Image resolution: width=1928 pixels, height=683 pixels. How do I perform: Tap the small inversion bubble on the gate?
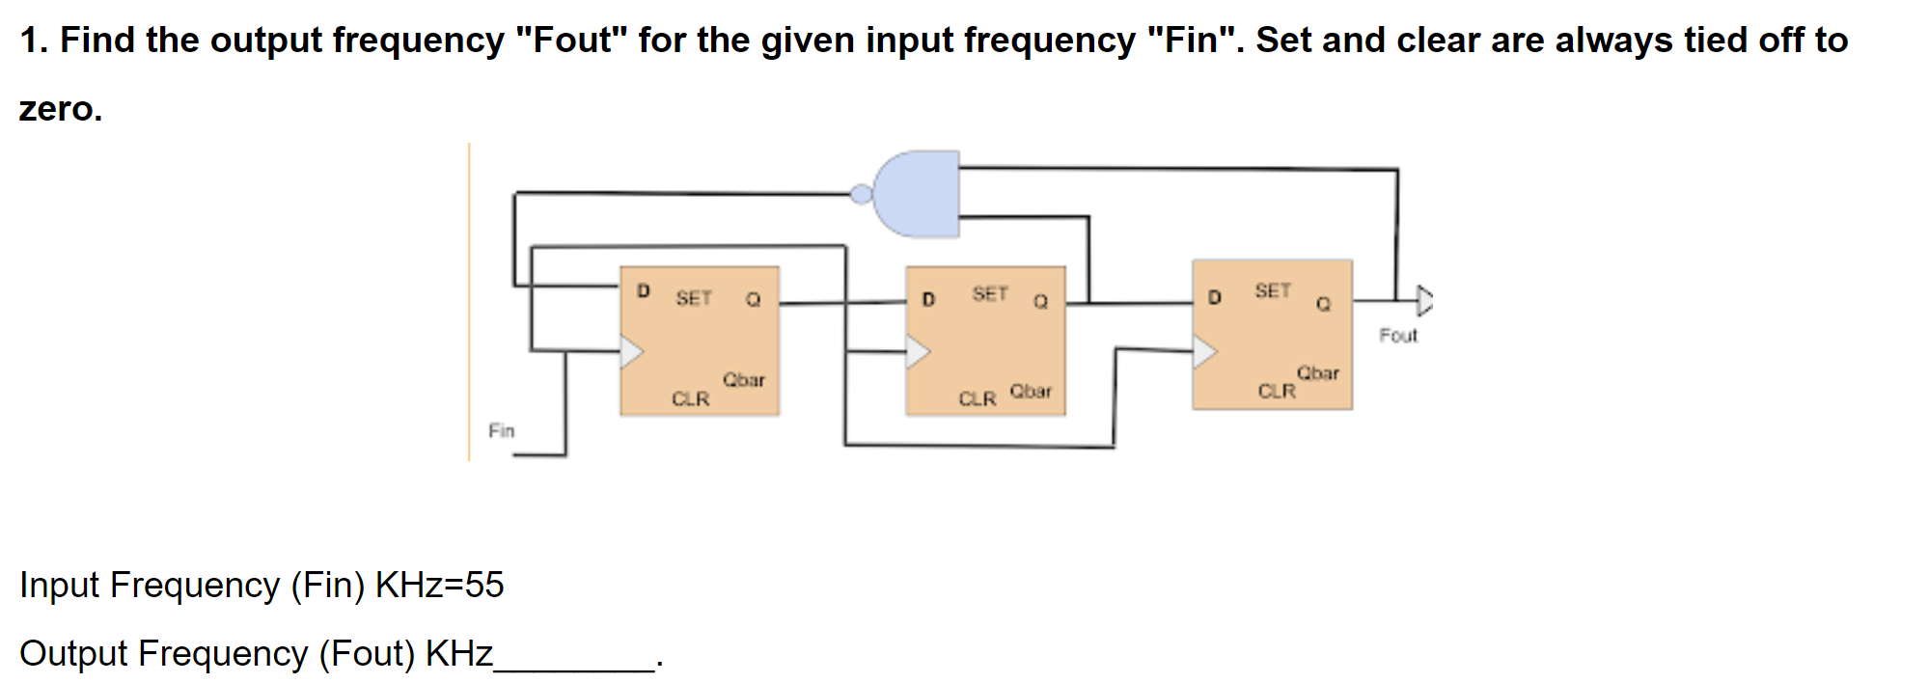coord(861,195)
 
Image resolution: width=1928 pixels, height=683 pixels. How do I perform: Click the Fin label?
coord(501,430)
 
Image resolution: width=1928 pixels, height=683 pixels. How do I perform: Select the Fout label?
coord(1397,336)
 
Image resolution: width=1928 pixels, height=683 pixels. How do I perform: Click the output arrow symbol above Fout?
coord(1423,300)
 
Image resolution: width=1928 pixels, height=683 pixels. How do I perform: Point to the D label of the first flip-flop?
coord(644,290)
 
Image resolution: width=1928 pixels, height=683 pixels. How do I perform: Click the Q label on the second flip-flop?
coord(1040,302)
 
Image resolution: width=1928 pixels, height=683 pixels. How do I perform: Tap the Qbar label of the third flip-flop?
coord(1317,372)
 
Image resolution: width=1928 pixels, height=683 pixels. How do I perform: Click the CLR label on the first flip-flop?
coord(690,398)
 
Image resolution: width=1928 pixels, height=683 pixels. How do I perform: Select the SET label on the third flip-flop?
coord(1272,290)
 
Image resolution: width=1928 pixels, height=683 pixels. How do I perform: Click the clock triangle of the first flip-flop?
coord(631,352)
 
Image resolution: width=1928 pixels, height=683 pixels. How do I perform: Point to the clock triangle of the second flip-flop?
coord(917,352)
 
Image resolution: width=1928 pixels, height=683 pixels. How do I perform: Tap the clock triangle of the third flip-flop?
coord(1203,352)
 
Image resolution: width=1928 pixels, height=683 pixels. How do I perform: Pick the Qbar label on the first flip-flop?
coord(743,380)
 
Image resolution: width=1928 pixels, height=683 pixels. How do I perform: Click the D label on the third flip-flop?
coord(1214,297)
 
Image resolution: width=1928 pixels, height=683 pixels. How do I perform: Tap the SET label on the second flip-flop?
coord(989,293)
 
